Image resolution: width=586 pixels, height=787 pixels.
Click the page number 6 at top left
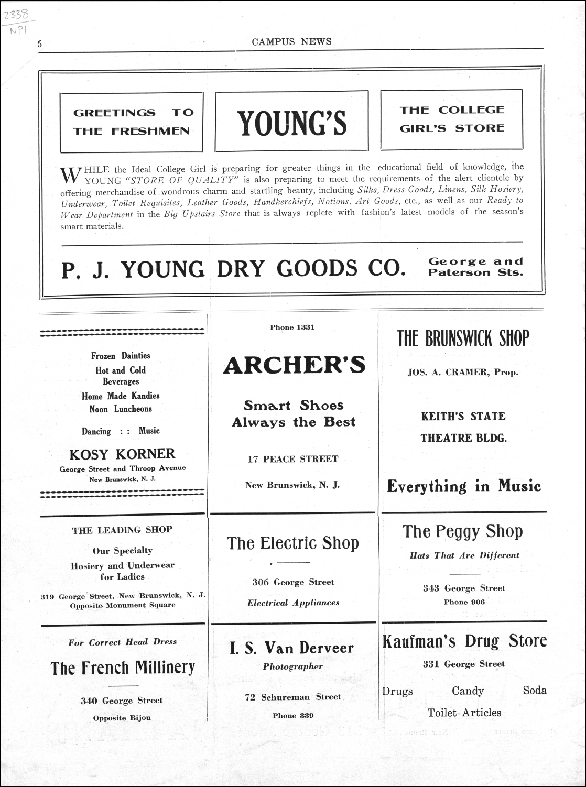coord(39,45)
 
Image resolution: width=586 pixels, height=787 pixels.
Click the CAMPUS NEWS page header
coord(291,42)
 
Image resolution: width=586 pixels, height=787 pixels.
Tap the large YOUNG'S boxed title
coord(292,122)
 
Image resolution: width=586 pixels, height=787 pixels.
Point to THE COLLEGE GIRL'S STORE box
coord(452,119)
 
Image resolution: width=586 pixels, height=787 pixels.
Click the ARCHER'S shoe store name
coord(294,365)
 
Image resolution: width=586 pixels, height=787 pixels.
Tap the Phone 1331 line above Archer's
coord(292,327)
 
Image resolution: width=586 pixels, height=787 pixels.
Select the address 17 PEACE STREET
coord(292,459)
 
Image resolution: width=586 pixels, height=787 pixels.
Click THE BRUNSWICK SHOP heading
coord(463,339)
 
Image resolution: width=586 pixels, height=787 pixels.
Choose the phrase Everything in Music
coord(463,486)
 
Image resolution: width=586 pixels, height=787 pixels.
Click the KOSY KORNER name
coord(123,454)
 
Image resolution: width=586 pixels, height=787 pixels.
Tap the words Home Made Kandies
coord(121,396)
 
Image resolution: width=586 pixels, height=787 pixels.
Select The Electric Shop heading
coord(292,543)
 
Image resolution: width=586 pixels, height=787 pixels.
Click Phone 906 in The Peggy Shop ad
coord(464,602)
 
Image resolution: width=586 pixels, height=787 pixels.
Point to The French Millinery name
coord(123,668)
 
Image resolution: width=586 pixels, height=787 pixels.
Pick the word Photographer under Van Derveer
coord(292,666)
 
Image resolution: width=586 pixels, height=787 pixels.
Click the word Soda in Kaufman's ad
coord(534,690)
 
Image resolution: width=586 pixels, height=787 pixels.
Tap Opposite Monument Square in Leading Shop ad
coord(123,605)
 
